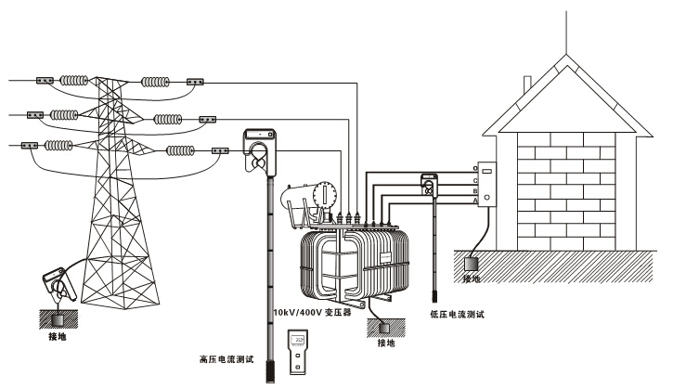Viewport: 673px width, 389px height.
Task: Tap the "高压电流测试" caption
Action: coord(227,357)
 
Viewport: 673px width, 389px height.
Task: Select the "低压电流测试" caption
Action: coord(459,315)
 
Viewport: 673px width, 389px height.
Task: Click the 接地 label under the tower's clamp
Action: coord(57,336)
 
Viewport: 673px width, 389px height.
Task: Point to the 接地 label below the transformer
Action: coord(385,343)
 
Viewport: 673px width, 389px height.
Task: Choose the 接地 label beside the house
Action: coord(472,279)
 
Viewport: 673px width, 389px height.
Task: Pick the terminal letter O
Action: coord(475,168)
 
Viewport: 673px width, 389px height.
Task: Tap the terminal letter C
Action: coord(475,179)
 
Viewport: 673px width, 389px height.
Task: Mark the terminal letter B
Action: coord(475,190)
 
